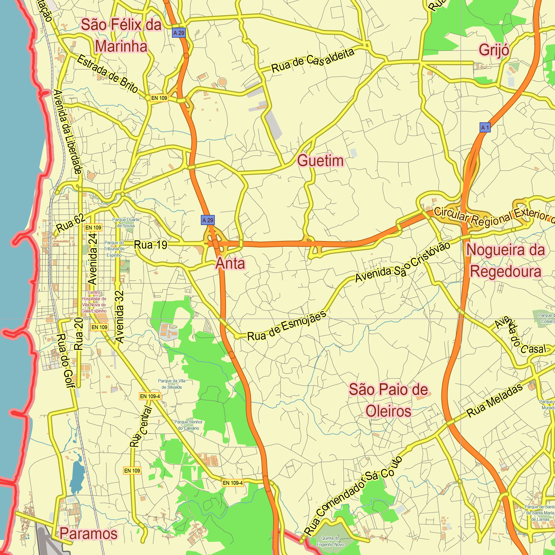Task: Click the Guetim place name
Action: [x=320, y=161]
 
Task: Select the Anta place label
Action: [x=230, y=263]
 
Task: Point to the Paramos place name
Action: [x=89, y=534]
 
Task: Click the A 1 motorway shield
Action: [x=485, y=127]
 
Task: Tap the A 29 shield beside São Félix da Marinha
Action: [x=179, y=33]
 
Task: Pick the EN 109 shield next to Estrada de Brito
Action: [x=159, y=98]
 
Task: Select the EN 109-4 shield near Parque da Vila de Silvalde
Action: [x=150, y=397]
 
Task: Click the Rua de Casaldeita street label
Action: [x=313, y=60]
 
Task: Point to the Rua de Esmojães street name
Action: [x=287, y=326]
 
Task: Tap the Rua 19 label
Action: [x=150, y=245]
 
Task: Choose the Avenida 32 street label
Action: [x=120, y=317]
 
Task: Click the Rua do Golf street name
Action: [x=66, y=360]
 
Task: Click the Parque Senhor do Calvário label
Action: [x=188, y=425]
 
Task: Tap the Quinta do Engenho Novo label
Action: [x=330, y=541]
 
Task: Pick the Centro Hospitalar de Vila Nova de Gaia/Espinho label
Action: [x=94, y=302]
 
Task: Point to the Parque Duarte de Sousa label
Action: [x=126, y=223]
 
